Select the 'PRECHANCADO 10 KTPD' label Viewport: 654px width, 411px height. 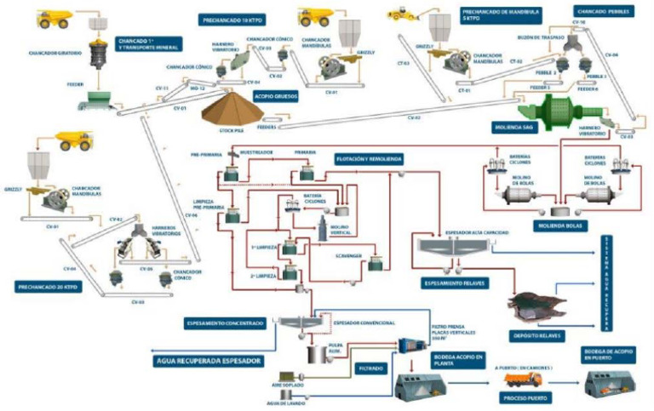[229, 18]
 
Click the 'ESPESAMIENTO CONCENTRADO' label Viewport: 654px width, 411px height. [225, 323]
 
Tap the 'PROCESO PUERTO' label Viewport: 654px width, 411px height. [526, 397]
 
